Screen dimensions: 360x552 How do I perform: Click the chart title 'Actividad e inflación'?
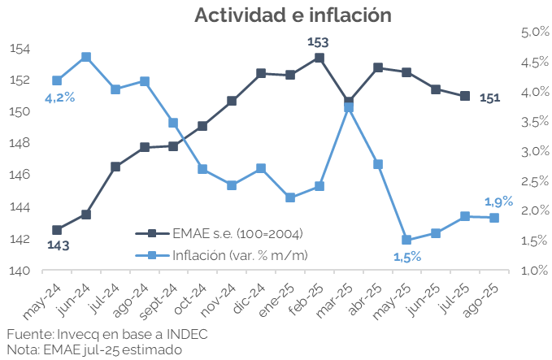(293, 15)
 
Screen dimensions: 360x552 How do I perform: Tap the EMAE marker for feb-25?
(319, 58)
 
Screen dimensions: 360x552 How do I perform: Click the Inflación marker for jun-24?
(86, 57)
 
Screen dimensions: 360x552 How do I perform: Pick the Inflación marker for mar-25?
(349, 106)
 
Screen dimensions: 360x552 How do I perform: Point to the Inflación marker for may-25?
(406, 240)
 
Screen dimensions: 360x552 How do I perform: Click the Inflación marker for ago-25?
(493, 218)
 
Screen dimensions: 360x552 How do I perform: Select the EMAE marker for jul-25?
(465, 96)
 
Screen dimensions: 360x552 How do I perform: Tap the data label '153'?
(318, 41)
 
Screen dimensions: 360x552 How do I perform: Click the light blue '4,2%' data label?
(59, 98)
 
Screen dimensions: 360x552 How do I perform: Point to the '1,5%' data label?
(406, 257)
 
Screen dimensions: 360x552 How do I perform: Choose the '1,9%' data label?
(498, 202)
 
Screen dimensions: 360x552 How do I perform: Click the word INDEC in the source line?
(186, 335)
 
